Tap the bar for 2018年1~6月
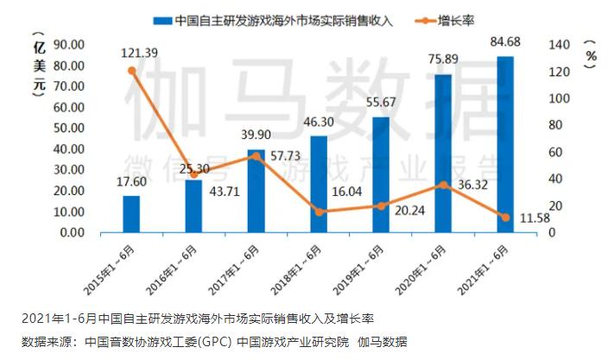pos(319,185)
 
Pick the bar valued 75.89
pos(443,154)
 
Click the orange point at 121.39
pos(131,70)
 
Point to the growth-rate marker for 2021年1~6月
pos(505,217)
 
